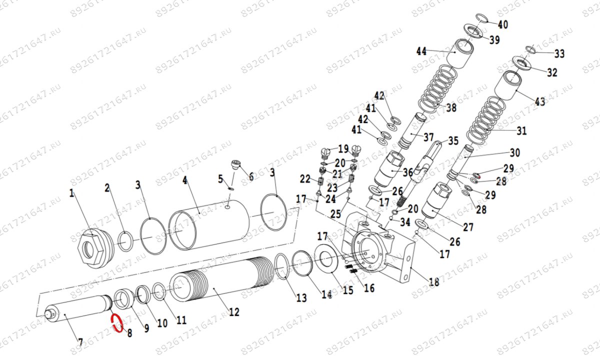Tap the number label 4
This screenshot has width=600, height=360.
(x=184, y=180)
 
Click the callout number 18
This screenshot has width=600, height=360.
(x=433, y=282)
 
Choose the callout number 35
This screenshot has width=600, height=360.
(x=453, y=141)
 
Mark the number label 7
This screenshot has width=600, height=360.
(x=79, y=342)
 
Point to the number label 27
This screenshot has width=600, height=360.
(x=467, y=227)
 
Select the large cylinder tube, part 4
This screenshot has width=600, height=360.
(x=210, y=224)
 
